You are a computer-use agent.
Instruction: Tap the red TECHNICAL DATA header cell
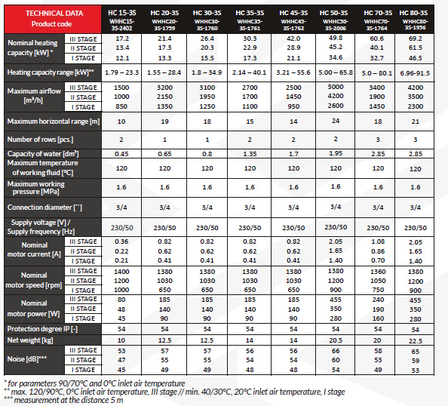tap(53, 19)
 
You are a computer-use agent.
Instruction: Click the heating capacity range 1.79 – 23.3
tap(121, 72)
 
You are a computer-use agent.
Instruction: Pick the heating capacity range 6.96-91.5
tap(415, 73)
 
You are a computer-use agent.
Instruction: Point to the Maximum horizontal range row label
tap(54, 121)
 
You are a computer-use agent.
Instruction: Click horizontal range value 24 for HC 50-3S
tap(336, 121)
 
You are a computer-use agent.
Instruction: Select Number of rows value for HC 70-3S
tap(378, 140)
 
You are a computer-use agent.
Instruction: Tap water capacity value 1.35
tap(250, 154)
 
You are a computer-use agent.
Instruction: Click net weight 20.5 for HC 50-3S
tap(336, 340)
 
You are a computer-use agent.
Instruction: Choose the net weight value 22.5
tap(416, 341)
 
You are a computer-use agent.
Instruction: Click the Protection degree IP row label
tap(42, 329)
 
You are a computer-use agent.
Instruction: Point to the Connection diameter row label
tap(44, 208)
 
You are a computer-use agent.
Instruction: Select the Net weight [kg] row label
tap(30, 340)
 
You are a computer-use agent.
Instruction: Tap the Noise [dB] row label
tap(27, 358)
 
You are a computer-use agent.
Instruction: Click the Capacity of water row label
tap(43, 153)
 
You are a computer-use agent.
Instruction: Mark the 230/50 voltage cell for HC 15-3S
tap(122, 228)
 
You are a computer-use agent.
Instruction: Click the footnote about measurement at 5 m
tap(63, 400)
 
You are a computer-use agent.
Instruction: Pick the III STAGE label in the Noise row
tap(83, 350)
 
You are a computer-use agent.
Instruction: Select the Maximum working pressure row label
tap(35, 188)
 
